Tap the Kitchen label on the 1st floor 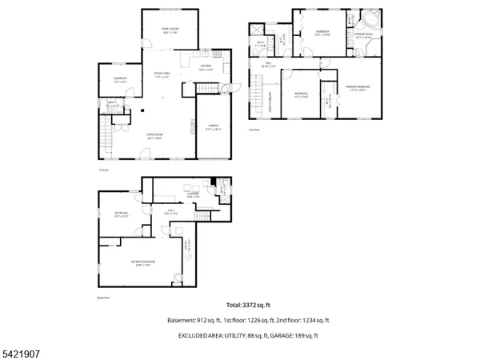(206, 68)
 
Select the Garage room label (214, 126)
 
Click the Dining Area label (163, 75)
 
